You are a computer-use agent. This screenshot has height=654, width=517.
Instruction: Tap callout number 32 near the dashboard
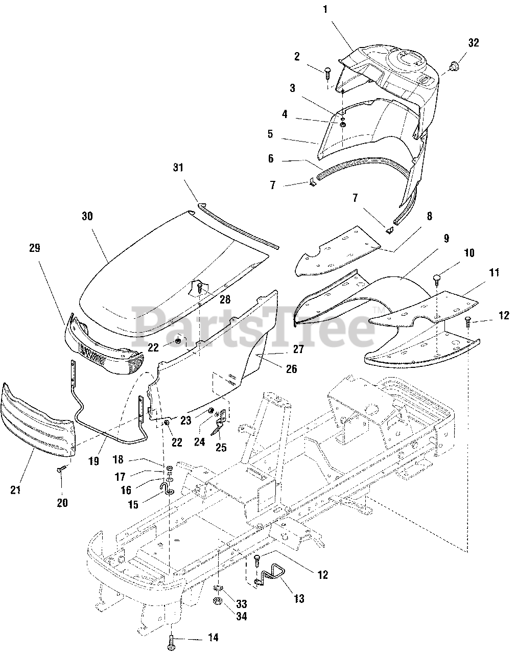pyautogui.click(x=473, y=43)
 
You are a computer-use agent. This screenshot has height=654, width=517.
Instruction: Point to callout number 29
pyautogui.click(x=35, y=248)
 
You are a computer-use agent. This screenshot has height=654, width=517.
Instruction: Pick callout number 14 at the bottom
pyautogui.click(x=213, y=638)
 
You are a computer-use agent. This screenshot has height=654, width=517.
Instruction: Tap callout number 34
pyautogui.click(x=241, y=617)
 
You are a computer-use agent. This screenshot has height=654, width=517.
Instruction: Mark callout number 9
pyautogui.click(x=446, y=238)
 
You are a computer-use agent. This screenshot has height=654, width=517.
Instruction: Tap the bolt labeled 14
pyautogui.click(x=170, y=639)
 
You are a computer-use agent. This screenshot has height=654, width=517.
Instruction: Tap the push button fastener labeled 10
pyautogui.click(x=438, y=278)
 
